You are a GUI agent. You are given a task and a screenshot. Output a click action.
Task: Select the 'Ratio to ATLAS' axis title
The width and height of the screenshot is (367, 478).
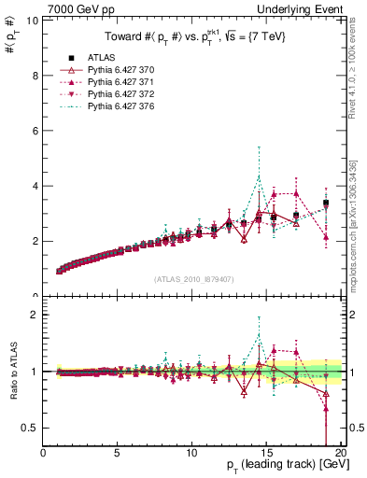coord(12,372)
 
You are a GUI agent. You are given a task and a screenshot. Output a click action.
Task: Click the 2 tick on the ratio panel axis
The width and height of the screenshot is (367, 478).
coord(33,315)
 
